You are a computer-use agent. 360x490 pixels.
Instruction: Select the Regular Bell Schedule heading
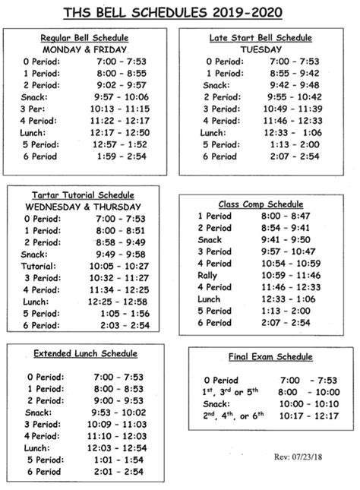tap(84, 38)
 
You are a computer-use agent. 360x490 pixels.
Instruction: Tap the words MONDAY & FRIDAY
tap(84, 49)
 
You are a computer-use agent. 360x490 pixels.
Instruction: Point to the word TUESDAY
tap(261, 49)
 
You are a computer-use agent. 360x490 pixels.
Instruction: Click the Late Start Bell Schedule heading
tap(261, 37)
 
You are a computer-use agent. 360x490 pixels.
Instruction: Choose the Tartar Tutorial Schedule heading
tap(84, 194)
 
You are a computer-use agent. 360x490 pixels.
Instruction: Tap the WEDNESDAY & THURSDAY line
tap(84, 207)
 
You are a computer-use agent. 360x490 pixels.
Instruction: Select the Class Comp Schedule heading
tap(261, 204)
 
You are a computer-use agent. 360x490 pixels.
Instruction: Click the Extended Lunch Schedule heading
tap(85, 353)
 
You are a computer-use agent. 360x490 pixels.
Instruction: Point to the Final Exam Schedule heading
tap(260, 356)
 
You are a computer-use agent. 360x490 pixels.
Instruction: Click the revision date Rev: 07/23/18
tap(298, 457)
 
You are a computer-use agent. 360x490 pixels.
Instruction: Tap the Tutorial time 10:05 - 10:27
tap(122, 267)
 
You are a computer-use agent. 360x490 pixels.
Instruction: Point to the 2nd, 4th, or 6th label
tap(232, 416)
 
